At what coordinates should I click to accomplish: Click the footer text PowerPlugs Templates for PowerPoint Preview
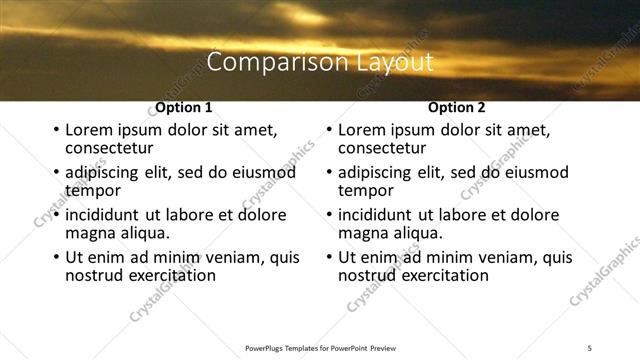(319, 347)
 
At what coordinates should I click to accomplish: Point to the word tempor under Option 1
(93, 190)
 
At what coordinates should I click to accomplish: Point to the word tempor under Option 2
(366, 190)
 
